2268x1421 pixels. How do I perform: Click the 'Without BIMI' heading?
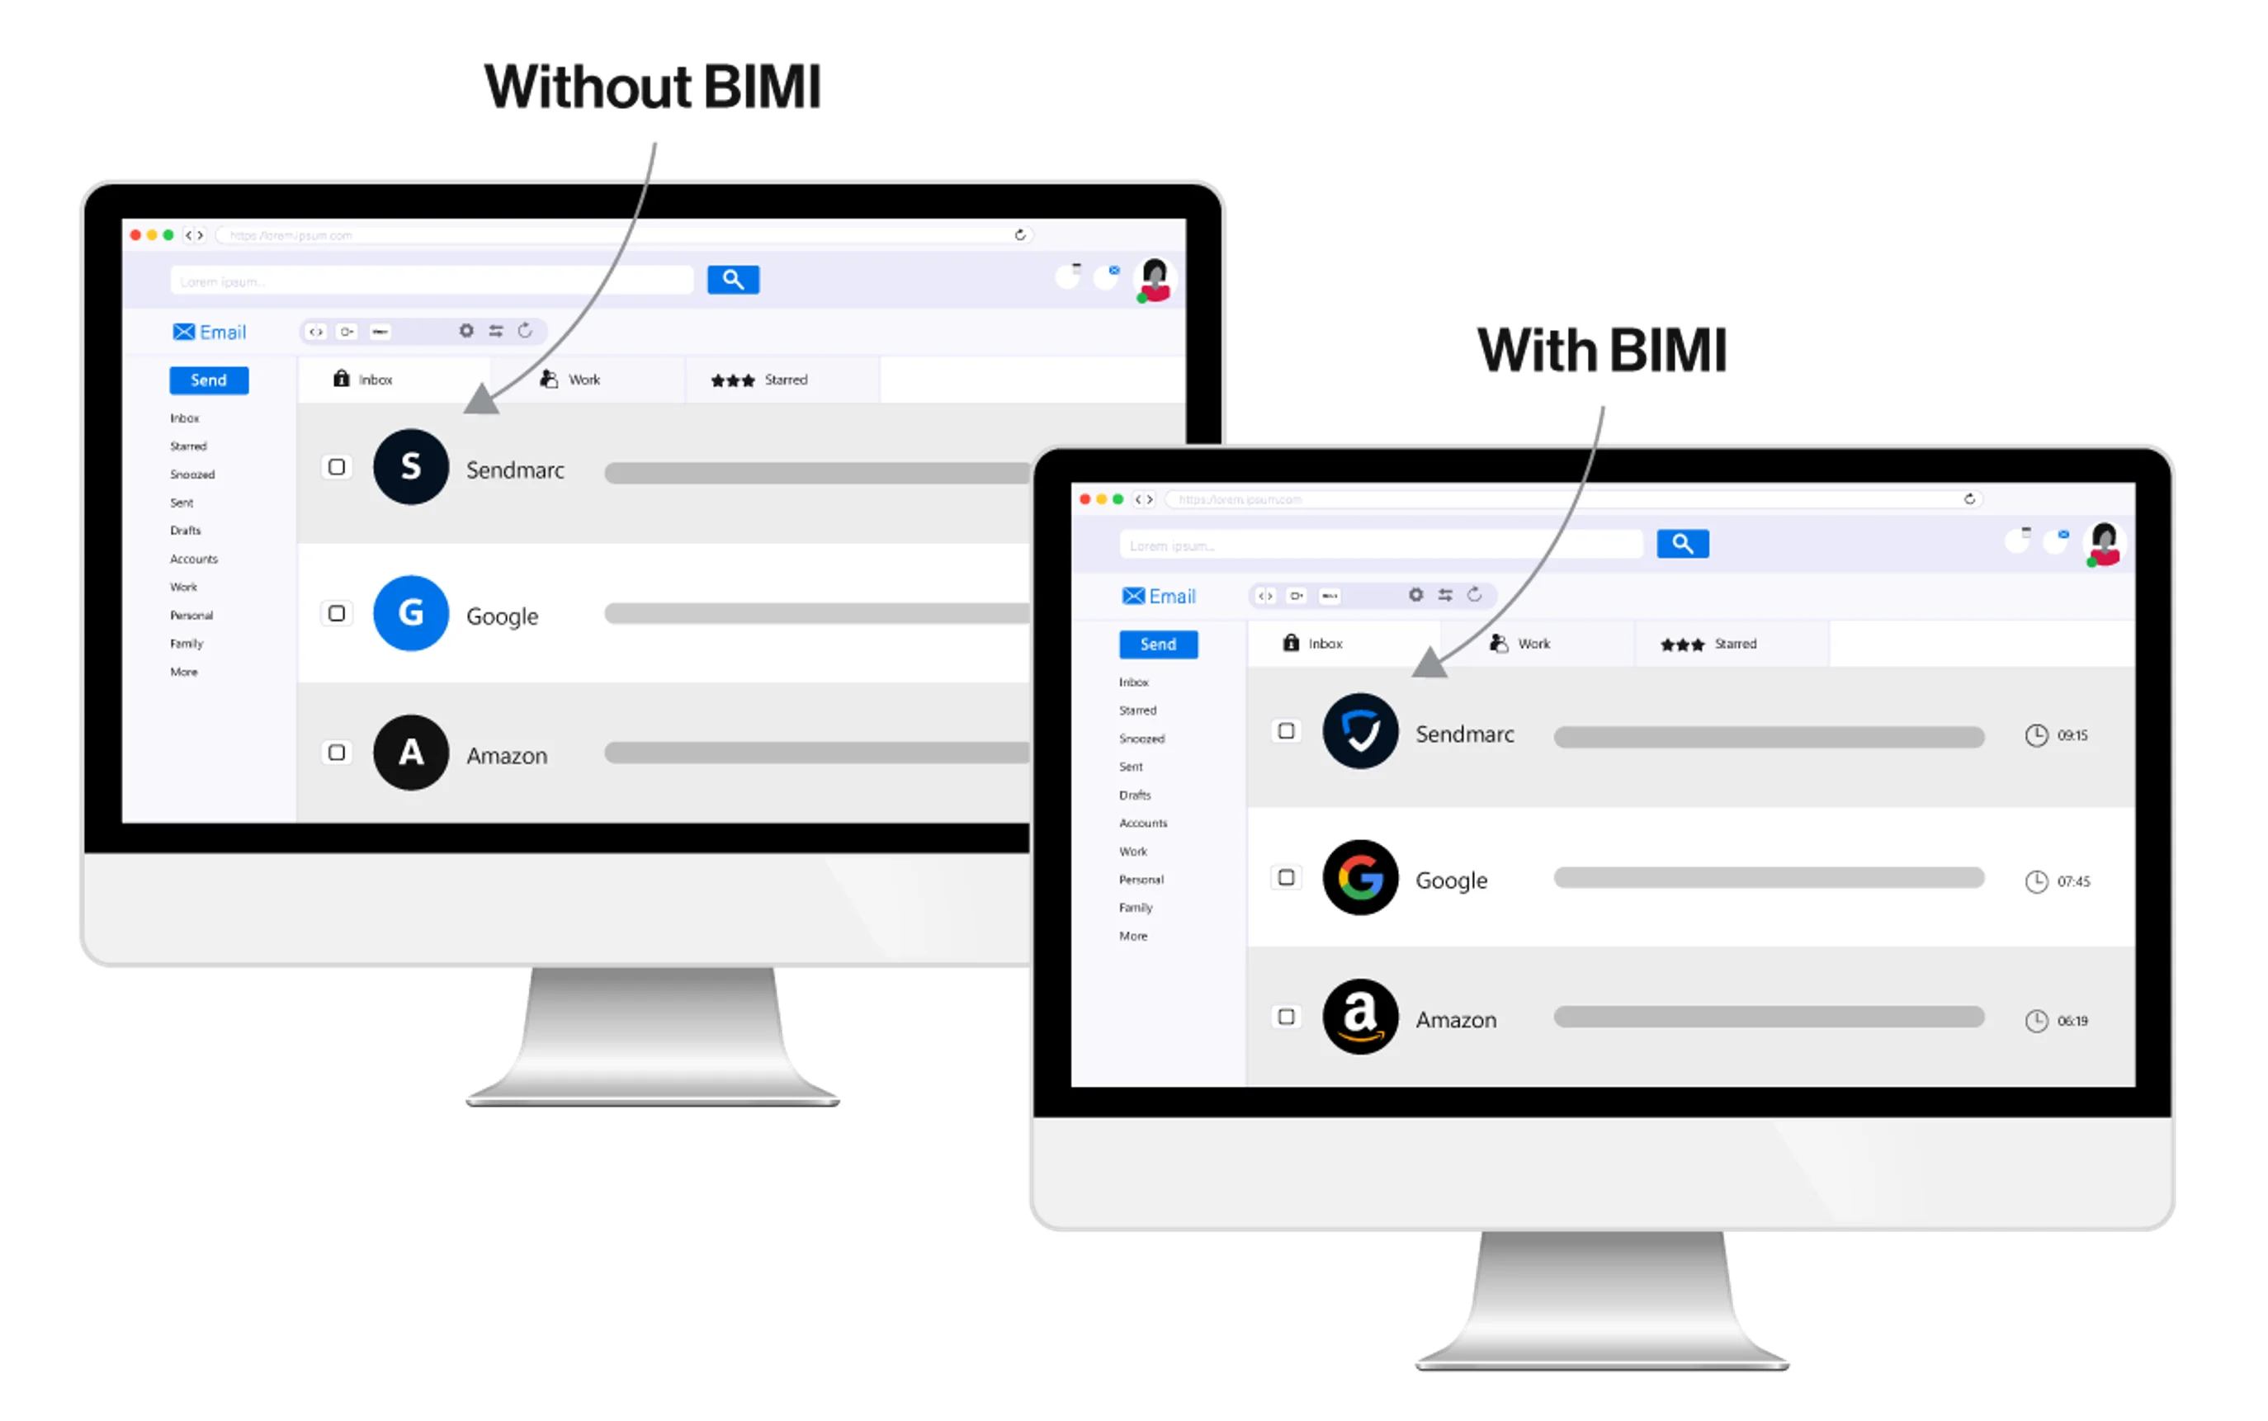[652, 87]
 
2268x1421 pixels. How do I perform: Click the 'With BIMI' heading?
[1602, 351]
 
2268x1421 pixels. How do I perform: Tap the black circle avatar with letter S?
[411, 467]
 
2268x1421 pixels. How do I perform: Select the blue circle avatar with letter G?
[411, 614]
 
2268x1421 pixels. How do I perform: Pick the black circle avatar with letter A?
[411, 753]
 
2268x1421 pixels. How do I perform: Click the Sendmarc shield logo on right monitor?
[1360, 731]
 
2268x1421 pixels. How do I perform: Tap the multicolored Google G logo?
[1360, 878]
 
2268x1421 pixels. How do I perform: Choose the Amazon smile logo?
[1360, 1017]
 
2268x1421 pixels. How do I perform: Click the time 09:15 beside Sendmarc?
[2072, 735]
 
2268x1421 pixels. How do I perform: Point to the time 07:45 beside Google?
[2072, 881]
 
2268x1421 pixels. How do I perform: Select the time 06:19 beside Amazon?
[2072, 1021]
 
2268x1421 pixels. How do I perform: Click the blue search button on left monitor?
[733, 279]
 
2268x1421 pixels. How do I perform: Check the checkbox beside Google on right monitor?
[1286, 878]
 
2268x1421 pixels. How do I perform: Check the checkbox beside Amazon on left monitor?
[337, 753]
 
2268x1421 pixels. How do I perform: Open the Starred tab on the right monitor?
[1708, 644]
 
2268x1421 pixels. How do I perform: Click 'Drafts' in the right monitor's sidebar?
[1135, 795]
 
